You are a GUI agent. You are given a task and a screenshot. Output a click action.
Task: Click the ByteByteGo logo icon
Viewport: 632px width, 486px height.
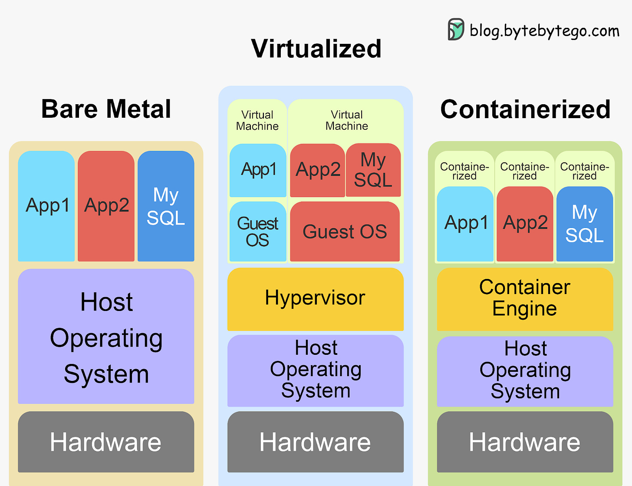[x=456, y=30]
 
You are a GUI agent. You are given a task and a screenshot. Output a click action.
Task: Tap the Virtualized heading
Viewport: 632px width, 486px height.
[x=316, y=48]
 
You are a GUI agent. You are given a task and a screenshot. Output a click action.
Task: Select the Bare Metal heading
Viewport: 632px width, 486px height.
[x=106, y=109]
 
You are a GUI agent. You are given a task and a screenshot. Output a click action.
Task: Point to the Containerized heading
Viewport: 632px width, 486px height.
[x=525, y=109]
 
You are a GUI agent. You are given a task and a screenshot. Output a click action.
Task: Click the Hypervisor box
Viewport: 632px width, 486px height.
[x=315, y=299]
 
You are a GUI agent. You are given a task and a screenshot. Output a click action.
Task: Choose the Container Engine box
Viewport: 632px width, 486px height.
[x=525, y=299]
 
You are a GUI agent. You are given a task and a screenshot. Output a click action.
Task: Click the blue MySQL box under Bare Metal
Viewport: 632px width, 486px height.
[x=166, y=206]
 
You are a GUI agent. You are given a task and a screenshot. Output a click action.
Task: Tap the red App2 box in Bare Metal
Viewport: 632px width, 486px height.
[x=106, y=206]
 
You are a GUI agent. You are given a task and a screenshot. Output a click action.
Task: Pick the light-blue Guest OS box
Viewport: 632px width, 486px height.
[x=257, y=231]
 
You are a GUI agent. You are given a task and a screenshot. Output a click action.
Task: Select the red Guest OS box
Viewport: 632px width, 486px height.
[x=345, y=231]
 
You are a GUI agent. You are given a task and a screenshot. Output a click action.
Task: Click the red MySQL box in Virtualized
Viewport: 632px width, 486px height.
[x=373, y=170]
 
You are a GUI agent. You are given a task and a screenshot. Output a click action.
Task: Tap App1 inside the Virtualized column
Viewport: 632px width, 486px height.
[x=258, y=170]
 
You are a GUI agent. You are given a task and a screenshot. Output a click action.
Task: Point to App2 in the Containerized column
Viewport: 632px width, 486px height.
[x=525, y=224]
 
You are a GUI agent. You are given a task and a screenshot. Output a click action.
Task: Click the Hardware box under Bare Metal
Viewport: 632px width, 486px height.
[x=106, y=442]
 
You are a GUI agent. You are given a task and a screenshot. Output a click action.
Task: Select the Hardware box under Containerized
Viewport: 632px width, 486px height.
[x=525, y=442]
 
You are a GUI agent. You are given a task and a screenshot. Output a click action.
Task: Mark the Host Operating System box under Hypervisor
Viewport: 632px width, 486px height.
[x=316, y=370]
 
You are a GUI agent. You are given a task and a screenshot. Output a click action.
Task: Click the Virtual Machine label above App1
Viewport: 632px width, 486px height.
[x=257, y=120]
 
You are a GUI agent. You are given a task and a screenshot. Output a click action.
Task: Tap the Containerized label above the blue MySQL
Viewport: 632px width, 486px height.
[x=584, y=171]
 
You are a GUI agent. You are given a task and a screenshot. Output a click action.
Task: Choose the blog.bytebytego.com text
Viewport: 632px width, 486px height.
[x=544, y=31]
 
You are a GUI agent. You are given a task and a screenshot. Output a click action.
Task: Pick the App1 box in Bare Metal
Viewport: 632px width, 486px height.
[x=47, y=206]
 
